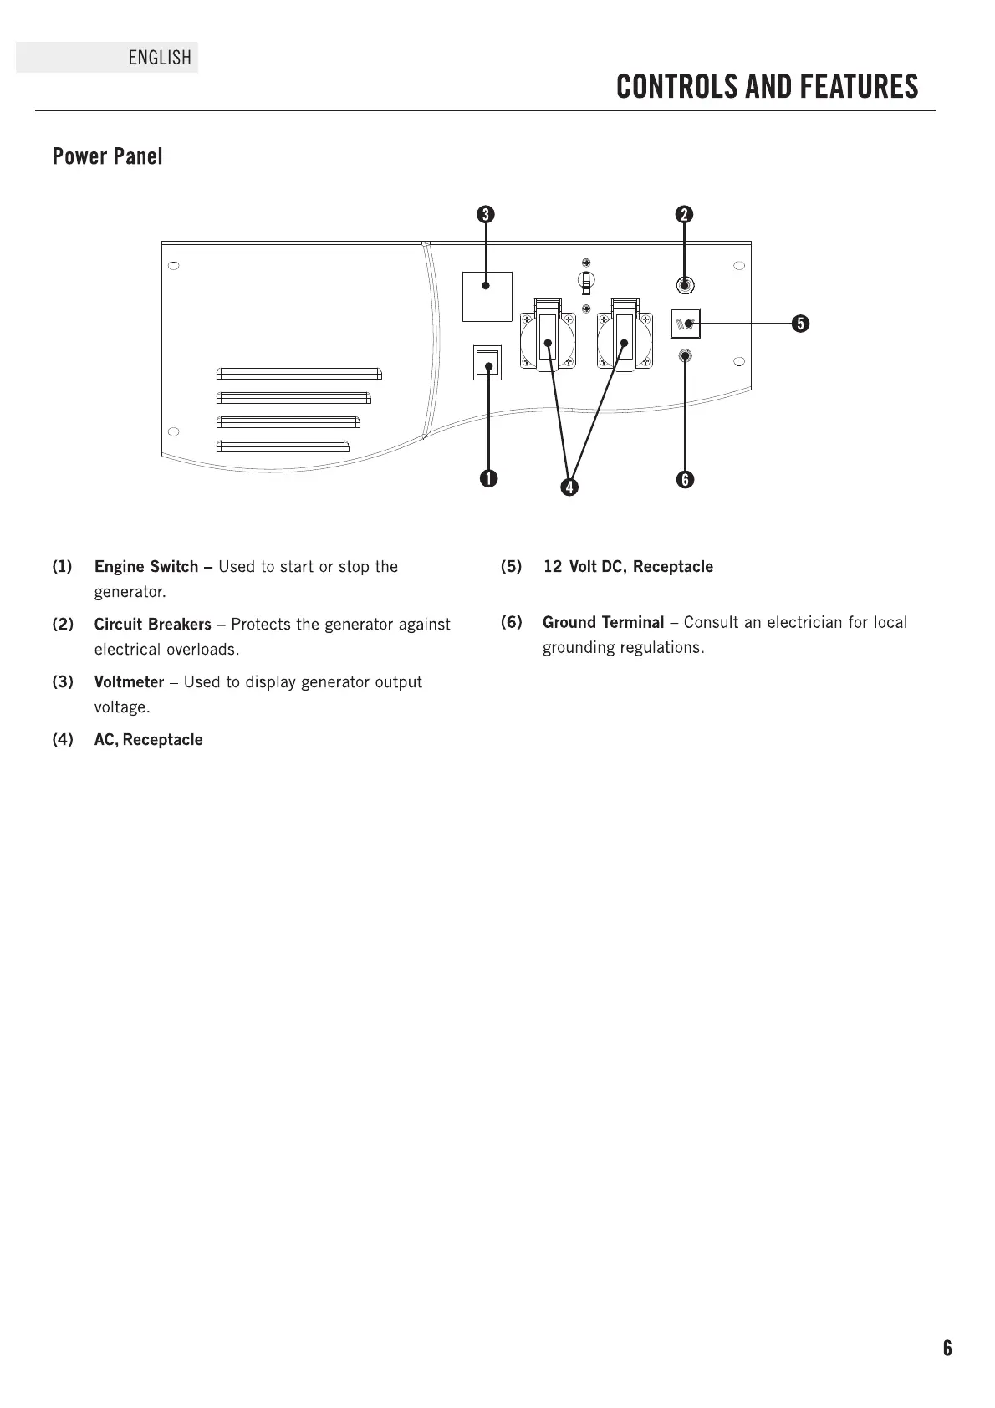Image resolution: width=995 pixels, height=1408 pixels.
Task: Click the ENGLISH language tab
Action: click(159, 58)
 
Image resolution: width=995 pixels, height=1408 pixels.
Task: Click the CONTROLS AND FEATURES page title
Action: click(767, 87)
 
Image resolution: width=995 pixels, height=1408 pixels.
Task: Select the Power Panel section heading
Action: click(107, 156)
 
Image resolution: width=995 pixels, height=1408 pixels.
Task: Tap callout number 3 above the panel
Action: click(484, 214)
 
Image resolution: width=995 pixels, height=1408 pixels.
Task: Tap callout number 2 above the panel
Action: click(685, 214)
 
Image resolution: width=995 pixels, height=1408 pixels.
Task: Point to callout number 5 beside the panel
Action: click(800, 324)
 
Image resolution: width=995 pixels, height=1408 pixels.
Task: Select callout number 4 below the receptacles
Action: click(569, 486)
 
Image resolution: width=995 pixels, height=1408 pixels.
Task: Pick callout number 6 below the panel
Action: click(685, 479)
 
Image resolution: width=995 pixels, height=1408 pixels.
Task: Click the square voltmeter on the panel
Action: click(487, 296)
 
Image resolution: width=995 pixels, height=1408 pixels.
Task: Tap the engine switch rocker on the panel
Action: click(487, 362)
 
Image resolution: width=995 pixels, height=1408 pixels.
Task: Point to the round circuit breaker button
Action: click(685, 285)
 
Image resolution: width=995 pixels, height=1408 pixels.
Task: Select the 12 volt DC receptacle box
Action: click(686, 324)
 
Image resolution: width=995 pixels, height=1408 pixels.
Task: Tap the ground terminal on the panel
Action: click(685, 356)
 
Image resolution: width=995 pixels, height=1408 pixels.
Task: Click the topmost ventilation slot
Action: click(298, 373)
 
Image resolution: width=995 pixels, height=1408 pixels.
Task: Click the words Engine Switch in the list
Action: click(145, 567)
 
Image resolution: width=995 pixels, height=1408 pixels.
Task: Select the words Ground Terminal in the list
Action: click(603, 622)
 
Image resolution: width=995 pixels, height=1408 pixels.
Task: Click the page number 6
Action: click(947, 1348)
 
